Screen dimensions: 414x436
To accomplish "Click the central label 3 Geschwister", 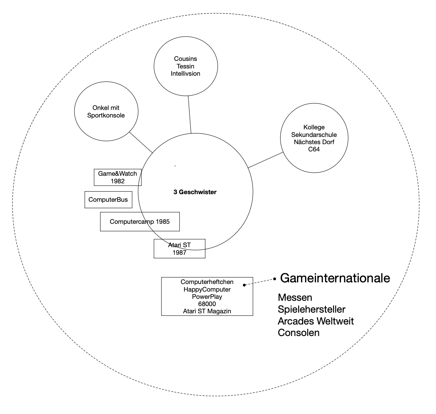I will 195,192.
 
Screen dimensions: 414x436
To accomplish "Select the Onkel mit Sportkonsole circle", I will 106,112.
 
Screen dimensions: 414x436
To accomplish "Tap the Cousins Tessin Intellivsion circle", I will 185,66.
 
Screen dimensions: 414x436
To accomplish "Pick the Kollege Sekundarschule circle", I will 314,138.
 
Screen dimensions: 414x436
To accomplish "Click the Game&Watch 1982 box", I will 117,177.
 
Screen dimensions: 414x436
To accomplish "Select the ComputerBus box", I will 108,200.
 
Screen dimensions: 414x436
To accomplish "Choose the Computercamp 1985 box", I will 140,221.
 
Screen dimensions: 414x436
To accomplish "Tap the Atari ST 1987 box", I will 180,249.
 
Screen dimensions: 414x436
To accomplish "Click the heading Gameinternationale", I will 335,278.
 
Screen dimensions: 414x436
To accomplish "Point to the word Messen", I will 295,298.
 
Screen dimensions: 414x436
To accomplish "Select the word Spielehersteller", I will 311,309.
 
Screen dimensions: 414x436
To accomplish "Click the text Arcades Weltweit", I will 316,321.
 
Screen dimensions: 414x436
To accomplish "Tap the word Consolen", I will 299,333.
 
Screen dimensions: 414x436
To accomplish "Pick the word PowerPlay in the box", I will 207,297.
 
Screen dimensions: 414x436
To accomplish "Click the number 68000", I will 207,304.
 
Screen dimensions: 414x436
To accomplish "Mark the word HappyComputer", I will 207,289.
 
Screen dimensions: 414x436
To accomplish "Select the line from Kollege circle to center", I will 266,160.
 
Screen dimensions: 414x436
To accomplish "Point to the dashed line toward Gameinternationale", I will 259,282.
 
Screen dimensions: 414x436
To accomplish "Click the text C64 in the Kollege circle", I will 314,149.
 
